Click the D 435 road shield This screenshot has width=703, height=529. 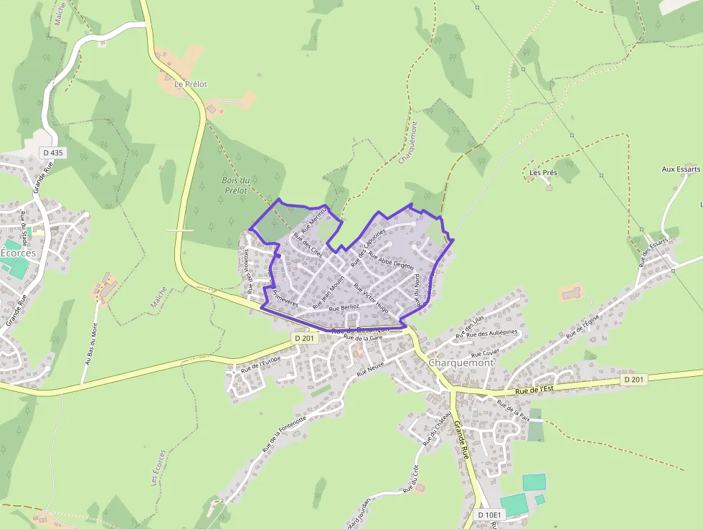point(52,153)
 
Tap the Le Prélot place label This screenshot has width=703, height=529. point(191,84)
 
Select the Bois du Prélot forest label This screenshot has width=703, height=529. point(235,185)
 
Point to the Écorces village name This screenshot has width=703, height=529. point(18,253)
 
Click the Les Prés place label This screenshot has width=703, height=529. point(543,173)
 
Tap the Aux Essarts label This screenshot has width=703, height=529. point(680,169)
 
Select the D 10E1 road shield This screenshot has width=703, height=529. point(491,514)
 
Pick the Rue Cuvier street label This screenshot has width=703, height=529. point(485,353)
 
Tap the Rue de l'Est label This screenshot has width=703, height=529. point(534,390)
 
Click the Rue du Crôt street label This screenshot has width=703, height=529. point(411,479)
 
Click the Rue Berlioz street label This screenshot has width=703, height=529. point(344,307)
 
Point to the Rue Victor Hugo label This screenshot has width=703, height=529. point(371,296)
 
